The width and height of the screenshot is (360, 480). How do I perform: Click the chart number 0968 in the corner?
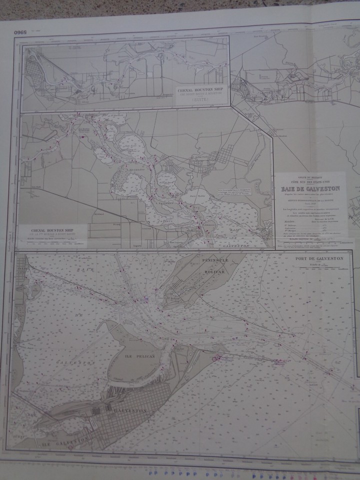pos(21,33)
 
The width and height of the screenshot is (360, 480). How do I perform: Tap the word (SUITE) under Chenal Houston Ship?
pos(200,99)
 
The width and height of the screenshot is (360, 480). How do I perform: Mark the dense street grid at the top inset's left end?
pos(35,70)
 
